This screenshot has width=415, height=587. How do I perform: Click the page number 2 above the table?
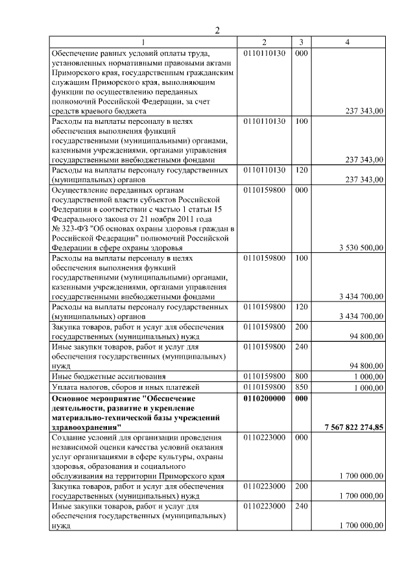coord(219,30)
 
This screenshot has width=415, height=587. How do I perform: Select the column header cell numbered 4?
coord(348,42)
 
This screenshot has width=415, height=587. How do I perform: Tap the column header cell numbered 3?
coord(302,42)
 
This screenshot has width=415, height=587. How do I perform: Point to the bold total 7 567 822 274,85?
coord(354,427)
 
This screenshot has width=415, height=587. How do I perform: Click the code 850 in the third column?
coord(302,387)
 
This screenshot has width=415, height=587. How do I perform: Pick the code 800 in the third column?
coord(302,376)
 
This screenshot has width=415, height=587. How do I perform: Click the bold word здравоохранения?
coord(84,427)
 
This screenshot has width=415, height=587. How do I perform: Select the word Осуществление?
coord(79,190)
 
